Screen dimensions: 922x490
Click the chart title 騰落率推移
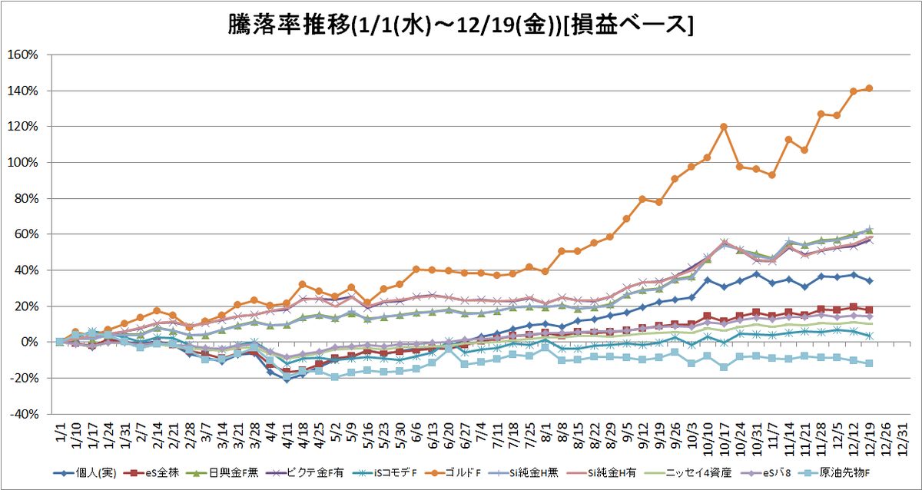pyautogui.click(x=289, y=25)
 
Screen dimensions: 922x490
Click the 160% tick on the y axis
pyautogui.click(x=22, y=55)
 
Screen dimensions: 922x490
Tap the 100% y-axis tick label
pyautogui.click(x=22, y=163)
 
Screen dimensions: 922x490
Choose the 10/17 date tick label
pyautogui.click(x=724, y=439)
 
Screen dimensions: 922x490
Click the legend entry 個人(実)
pyautogui.click(x=85, y=473)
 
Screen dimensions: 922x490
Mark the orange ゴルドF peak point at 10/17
pyautogui.click(x=724, y=127)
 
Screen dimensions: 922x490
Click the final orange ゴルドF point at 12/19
pyautogui.click(x=869, y=88)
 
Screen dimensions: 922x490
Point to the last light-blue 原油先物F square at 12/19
pyautogui.click(x=869, y=363)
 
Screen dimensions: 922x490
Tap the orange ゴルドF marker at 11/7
pyautogui.click(x=772, y=175)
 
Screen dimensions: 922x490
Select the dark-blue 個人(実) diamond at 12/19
pyautogui.click(x=869, y=281)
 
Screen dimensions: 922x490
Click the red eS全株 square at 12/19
pyautogui.click(x=869, y=310)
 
